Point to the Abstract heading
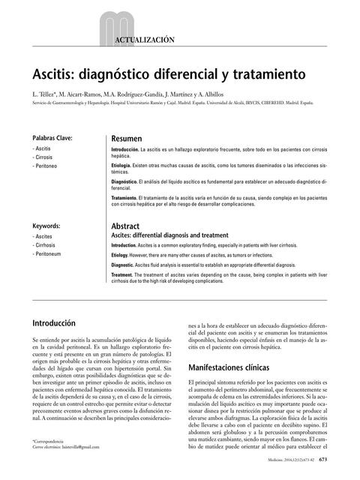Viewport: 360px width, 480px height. click(x=125, y=226)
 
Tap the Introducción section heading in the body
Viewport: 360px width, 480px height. click(x=64, y=323)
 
